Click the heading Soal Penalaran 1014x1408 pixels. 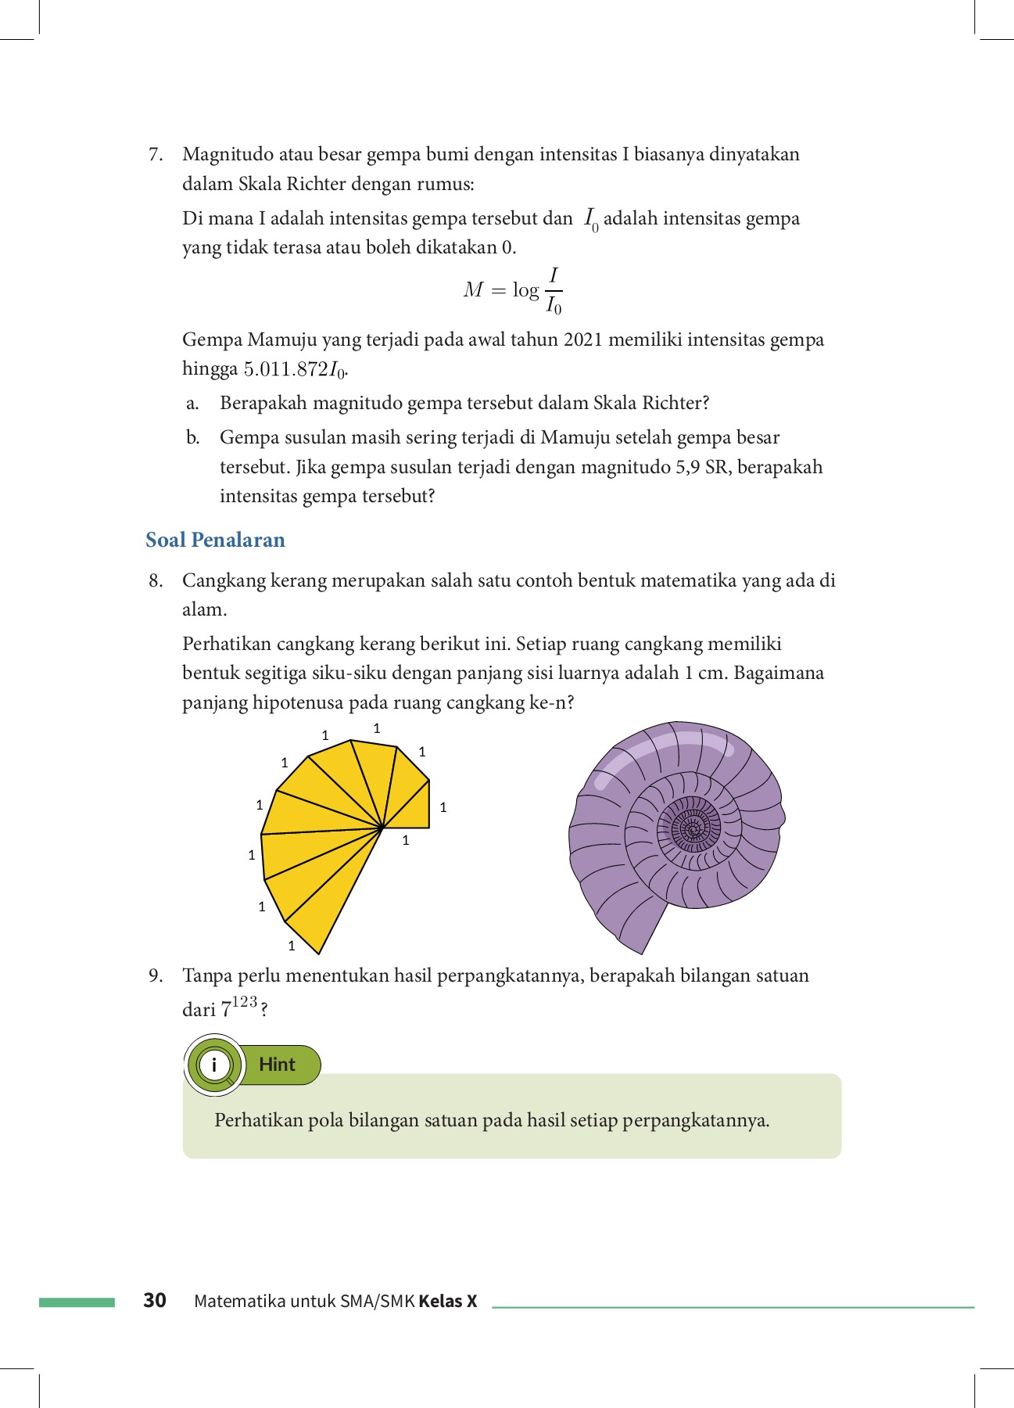(215, 540)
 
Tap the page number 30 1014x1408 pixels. (155, 1300)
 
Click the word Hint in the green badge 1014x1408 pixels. (277, 1065)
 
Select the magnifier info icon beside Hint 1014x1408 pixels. (214, 1065)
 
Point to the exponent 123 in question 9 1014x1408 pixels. (245, 1002)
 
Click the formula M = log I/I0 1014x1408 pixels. (513, 291)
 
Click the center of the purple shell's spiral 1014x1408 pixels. (692, 828)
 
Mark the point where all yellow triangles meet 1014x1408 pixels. (382, 828)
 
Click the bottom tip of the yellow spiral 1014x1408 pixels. (319, 954)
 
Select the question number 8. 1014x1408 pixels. (156, 580)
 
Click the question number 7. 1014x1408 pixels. (156, 154)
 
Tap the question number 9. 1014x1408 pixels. (156, 975)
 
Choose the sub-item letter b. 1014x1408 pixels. (192, 437)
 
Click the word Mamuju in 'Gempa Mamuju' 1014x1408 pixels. (282, 339)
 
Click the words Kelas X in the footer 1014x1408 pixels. (448, 1302)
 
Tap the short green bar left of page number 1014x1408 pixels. (77, 1302)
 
